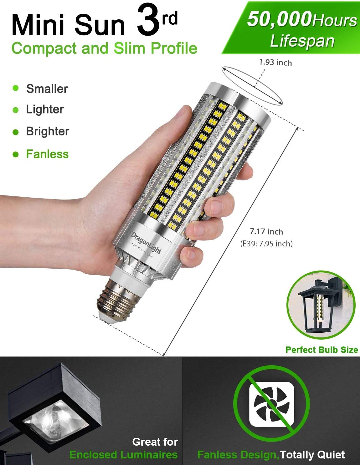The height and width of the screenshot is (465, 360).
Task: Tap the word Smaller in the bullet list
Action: click(47, 89)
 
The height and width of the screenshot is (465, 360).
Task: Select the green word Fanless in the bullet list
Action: click(47, 154)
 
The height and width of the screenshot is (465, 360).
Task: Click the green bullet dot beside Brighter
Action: click(16, 132)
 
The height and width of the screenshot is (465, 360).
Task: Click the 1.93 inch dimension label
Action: click(275, 62)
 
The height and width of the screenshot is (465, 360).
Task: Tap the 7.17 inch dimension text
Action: click(266, 232)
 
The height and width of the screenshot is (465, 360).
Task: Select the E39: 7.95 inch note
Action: click(266, 244)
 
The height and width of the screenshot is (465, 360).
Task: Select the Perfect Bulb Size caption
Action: click(322, 350)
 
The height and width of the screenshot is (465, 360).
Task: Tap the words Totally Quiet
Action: click(312, 455)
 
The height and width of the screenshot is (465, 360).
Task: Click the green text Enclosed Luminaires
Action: click(123, 455)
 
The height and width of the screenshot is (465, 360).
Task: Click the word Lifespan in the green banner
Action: click(302, 41)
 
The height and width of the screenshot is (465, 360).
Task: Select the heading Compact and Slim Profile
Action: click(104, 48)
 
